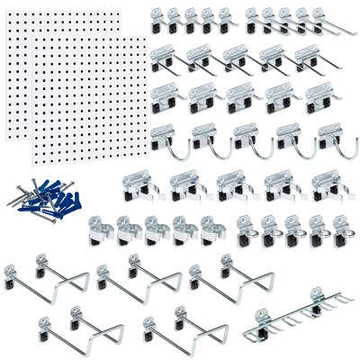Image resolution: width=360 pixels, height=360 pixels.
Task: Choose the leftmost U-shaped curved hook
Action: point(166,140)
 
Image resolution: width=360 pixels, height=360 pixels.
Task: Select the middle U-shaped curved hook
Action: point(247,140)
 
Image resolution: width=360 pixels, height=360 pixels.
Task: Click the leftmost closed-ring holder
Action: point(246,229)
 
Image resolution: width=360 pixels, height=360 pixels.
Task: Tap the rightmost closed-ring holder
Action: point(339,229)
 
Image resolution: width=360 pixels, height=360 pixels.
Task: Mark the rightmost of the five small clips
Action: point(211,229)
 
